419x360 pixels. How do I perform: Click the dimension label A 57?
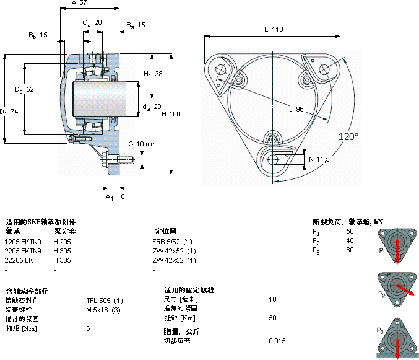pos(79,4)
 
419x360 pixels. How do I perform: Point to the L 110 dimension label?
pos(273,29)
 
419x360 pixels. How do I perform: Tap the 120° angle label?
pos(348,136)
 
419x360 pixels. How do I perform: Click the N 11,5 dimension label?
pos(319,160)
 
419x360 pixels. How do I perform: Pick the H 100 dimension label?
pos(171,113)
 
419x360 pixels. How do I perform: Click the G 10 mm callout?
pos(142,144)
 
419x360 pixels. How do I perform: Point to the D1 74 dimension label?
pos(9,112)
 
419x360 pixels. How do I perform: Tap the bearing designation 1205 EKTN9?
pos(24,241)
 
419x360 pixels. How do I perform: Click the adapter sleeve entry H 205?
pos(62,241)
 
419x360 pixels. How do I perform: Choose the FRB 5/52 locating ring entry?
pos(173,241)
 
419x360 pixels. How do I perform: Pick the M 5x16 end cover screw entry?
pos(103,310)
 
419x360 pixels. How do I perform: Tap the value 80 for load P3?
pos(350,250)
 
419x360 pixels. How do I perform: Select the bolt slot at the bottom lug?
pos(274,160)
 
